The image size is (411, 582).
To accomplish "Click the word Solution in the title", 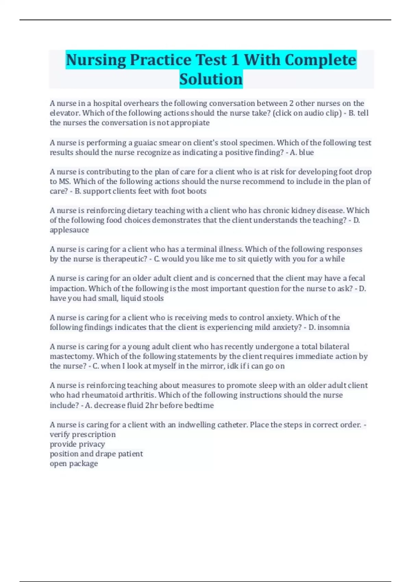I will [x=211, y=79].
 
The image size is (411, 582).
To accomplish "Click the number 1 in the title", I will [x=235, y=60].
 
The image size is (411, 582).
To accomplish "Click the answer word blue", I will [x=306, y=152].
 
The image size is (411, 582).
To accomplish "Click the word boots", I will [x=197, y=191].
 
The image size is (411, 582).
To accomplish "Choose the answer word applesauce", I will [x=69, y=230].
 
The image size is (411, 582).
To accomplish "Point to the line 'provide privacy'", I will [x=77, y=444].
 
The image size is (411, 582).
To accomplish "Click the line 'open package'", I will [x=74, y=464].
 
